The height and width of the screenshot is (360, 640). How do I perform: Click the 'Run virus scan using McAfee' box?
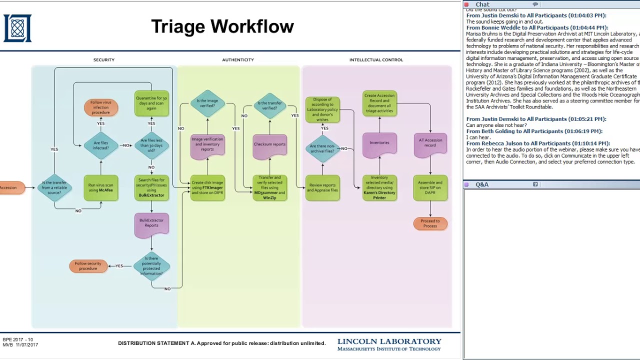[101, 188]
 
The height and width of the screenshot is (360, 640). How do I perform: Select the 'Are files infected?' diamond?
[101, 145]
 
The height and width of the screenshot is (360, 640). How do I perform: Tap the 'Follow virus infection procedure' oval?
[101, 107]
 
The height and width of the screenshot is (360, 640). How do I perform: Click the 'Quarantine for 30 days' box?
[151, 103]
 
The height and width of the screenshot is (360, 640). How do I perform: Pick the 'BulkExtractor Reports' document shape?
[151, 223]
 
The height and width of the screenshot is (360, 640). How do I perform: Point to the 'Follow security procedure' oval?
[88, 266]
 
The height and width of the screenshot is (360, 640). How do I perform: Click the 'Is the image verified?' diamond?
[207, 103]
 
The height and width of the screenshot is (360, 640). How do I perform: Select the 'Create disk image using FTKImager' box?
[207, 188]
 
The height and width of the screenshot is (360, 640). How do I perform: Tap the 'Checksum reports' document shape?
[270, 145]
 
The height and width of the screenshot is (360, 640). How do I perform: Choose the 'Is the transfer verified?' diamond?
[270, 105]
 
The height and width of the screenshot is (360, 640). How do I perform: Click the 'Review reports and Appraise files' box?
[322, 188]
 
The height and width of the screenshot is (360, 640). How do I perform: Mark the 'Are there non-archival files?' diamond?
[322, 148]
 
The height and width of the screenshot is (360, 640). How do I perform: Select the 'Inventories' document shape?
[379, 143]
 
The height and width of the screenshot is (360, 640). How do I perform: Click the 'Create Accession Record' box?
[379, 103]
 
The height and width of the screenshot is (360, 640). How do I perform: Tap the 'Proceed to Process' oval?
[430, 223]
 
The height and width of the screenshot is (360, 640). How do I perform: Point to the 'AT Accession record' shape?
[430, 143]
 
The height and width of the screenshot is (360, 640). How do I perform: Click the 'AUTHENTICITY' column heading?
[238, 60]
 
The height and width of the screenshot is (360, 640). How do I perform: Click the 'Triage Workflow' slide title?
[222, 26]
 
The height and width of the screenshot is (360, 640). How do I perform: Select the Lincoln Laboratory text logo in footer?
[389, 344]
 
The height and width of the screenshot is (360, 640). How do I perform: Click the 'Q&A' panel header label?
[482, 184]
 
